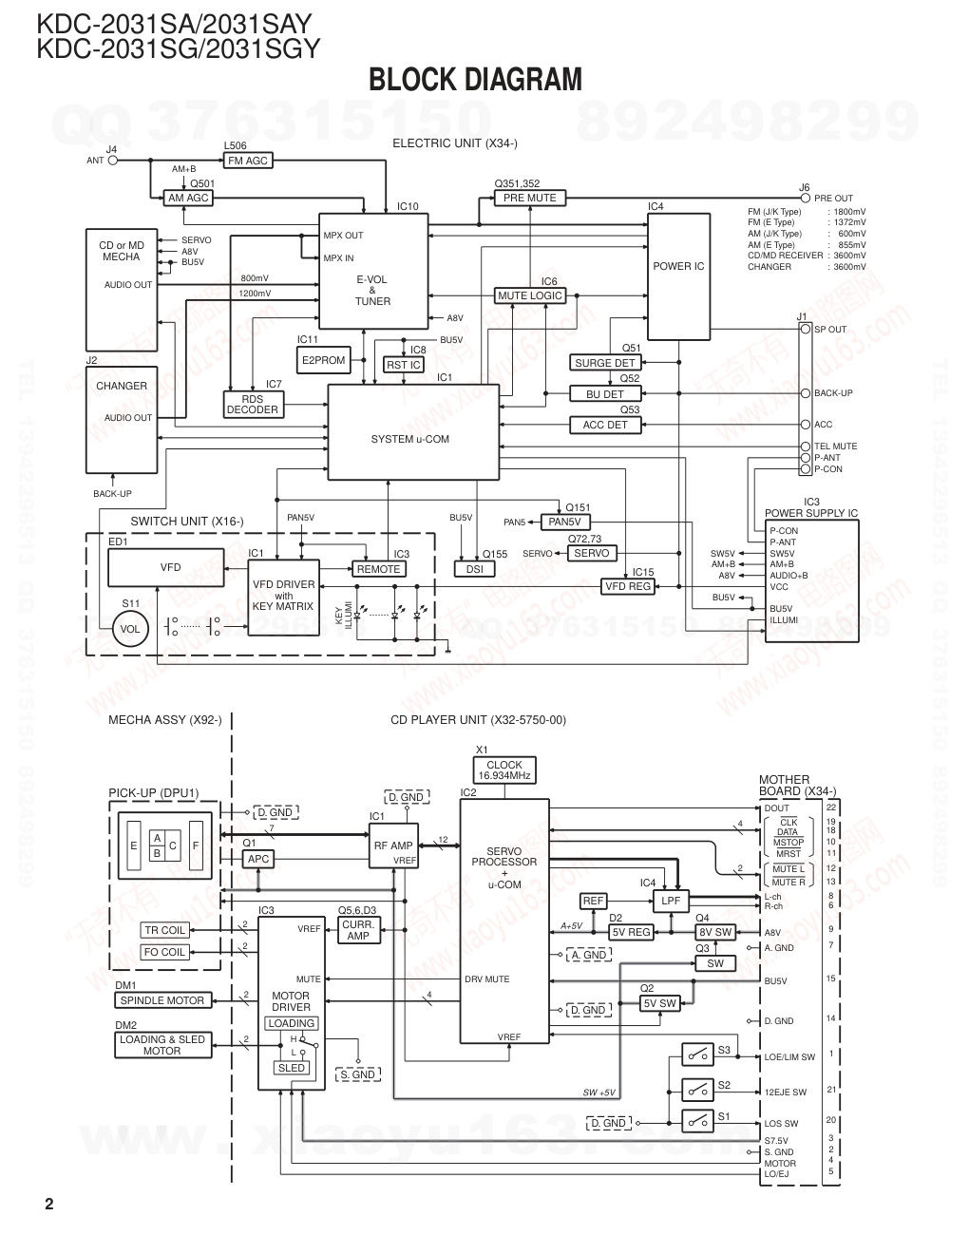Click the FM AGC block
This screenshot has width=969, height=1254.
(x=247, y=161)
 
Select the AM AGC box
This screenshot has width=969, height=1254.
(x=187, y=199)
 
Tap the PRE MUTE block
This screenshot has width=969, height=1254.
(x=529, y=198)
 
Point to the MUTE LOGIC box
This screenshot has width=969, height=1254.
(x=530, y=295)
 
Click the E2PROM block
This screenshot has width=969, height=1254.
(x=323, y=360)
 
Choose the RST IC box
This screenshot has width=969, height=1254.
(x=403, y=365)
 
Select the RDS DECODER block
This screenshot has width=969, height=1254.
(x=252, y=405)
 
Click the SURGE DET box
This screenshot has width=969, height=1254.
(x=604, y=363)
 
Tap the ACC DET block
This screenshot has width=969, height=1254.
(x=604, y=425)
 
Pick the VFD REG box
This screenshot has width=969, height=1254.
(x=628, y=586)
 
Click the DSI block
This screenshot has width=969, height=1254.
(x=474, y=569)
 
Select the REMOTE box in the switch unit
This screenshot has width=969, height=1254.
(x=378, y=569)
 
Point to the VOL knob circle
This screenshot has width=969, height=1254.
(x=130, y=629)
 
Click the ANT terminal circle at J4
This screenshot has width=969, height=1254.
(x=113, y=161)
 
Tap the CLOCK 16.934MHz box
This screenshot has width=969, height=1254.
(x=503, y=770)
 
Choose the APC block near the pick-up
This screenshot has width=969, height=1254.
(x=257, y=859)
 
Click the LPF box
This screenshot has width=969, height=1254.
(x=671, y=901)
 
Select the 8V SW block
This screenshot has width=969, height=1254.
(x=715, y=932)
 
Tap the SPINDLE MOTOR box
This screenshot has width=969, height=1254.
(x=161, y=1000)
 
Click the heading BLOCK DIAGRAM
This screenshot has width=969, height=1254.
(x=475, y=80)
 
